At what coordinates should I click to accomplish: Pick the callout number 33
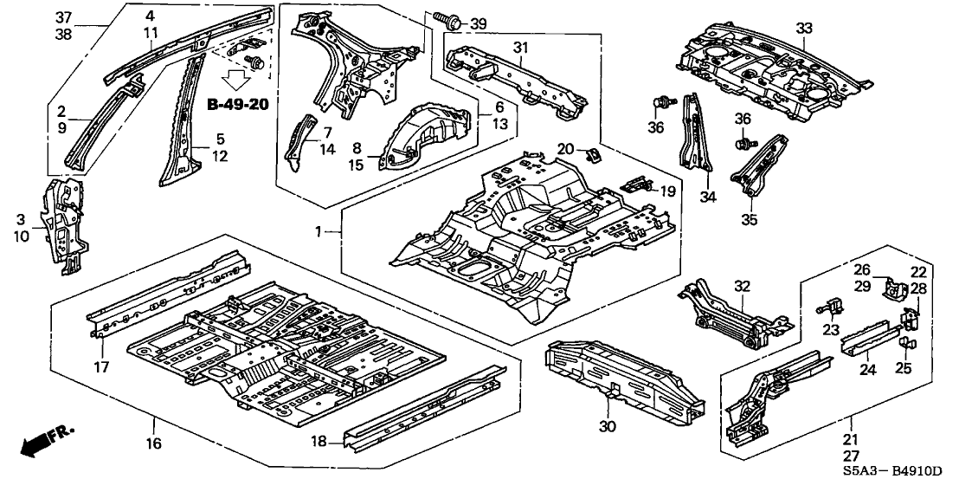pyautogui.click(x=806, y=29)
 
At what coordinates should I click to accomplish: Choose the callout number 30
pyautogui.click(x=609, y=425)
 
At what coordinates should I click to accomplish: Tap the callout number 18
pyautogui.click(x=319, y=442)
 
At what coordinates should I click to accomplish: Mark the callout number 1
pyautogui.click(x=321, y=232)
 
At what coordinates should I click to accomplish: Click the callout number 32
pyautogui.click(x=743, y=285)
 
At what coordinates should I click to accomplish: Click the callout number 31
pyautogui.click(x=520, y=46)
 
